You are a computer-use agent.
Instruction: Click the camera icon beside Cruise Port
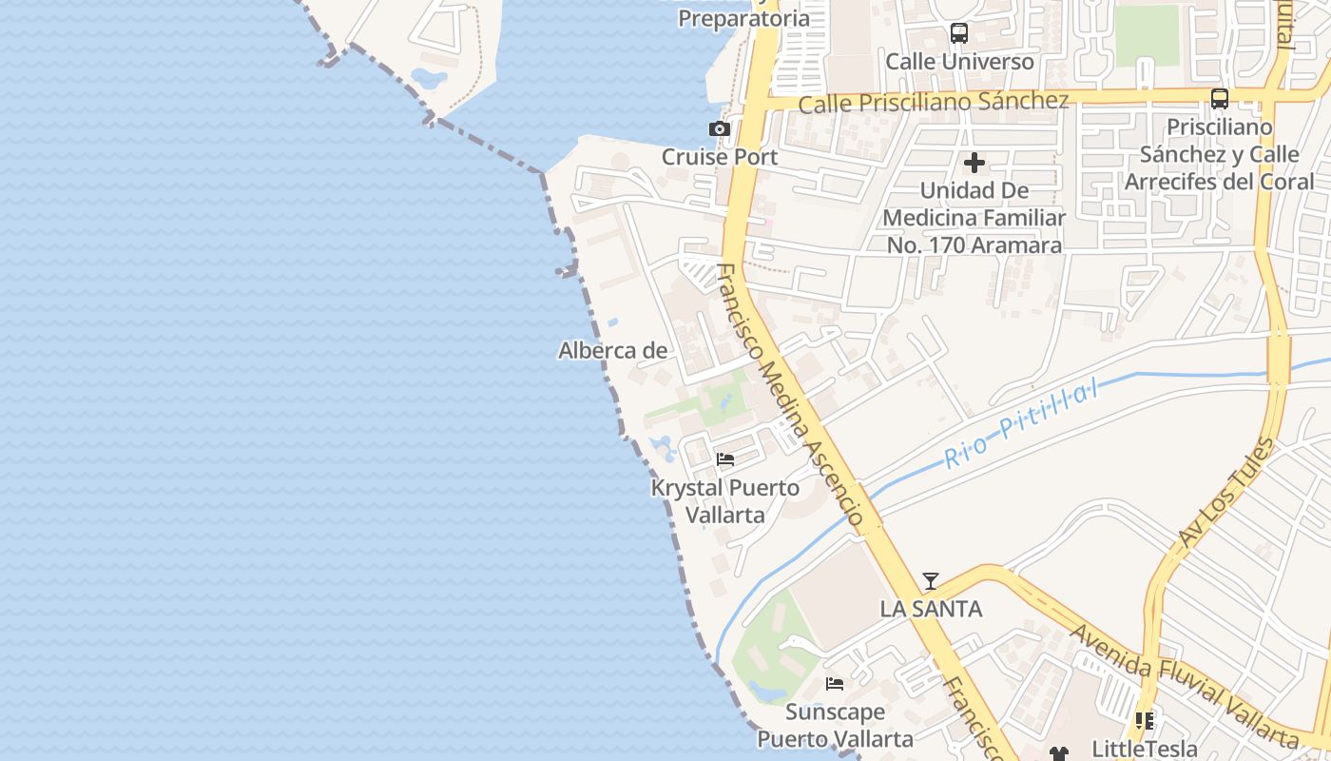[720, 128]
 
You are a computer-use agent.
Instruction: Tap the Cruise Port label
[720, 157]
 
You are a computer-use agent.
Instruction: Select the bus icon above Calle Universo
[959, 34]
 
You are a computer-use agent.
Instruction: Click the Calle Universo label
[959, 62]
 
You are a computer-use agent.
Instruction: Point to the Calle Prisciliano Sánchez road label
[934, 102]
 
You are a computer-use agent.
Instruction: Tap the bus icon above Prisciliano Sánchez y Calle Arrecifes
[1220, 98]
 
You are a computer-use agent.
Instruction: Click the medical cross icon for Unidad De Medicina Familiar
[974, 163]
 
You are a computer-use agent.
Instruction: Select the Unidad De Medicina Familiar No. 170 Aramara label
[974, 218]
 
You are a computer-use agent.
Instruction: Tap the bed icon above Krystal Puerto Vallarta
[725, 459]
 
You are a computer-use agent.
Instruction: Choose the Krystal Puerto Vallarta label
[724, 501]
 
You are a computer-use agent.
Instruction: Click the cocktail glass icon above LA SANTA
[931, 580]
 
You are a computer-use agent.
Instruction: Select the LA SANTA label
[931, 609]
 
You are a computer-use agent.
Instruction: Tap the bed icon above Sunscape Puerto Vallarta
[835, 683]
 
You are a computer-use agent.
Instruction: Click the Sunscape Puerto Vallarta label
[835, 725]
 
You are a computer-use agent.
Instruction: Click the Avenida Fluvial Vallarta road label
[1184, 685]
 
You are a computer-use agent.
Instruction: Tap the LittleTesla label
[1144, 749]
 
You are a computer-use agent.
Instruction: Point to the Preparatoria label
[744, 18]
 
